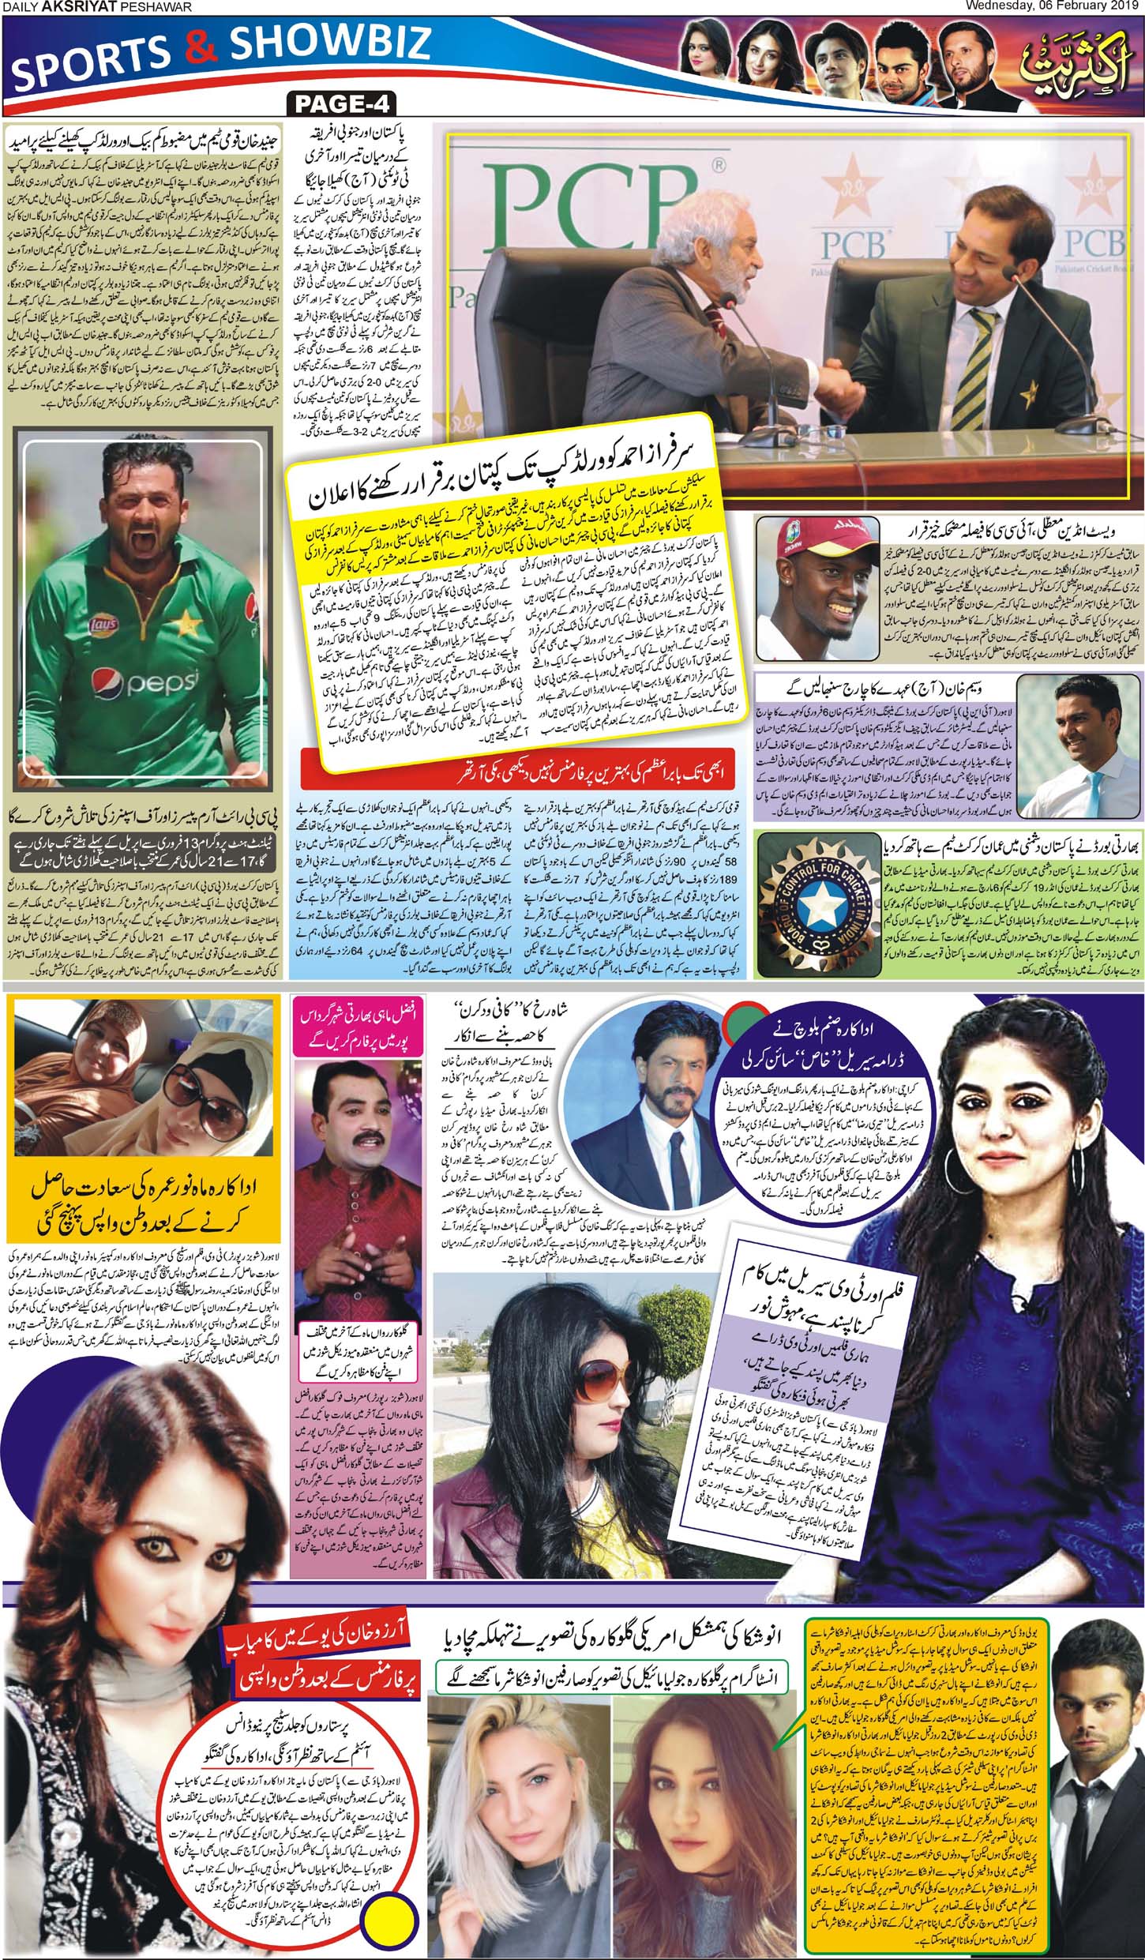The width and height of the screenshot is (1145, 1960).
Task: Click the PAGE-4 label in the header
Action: coord(342,104)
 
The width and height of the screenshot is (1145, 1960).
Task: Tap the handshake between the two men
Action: coord(833,389)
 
